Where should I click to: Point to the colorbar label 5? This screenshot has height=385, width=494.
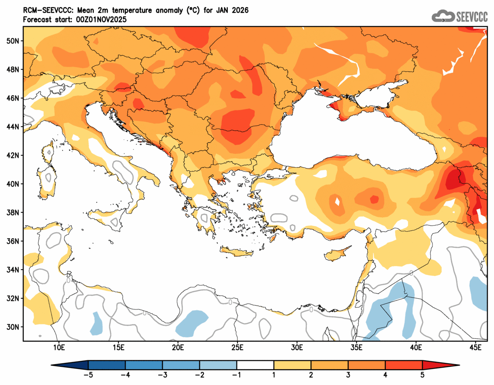pyautogui.click(x=422, y=375)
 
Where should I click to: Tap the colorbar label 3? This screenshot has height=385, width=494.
pyautogui.click(x=348, y=375)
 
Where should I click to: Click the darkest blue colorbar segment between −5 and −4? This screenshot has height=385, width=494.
pyautogui.click(x=106, y=365)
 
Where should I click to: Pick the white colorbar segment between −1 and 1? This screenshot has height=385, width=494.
pyautogui.click(x=255, y=365)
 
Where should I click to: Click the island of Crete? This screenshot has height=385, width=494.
pyautogui.click(x=236, y=253)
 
